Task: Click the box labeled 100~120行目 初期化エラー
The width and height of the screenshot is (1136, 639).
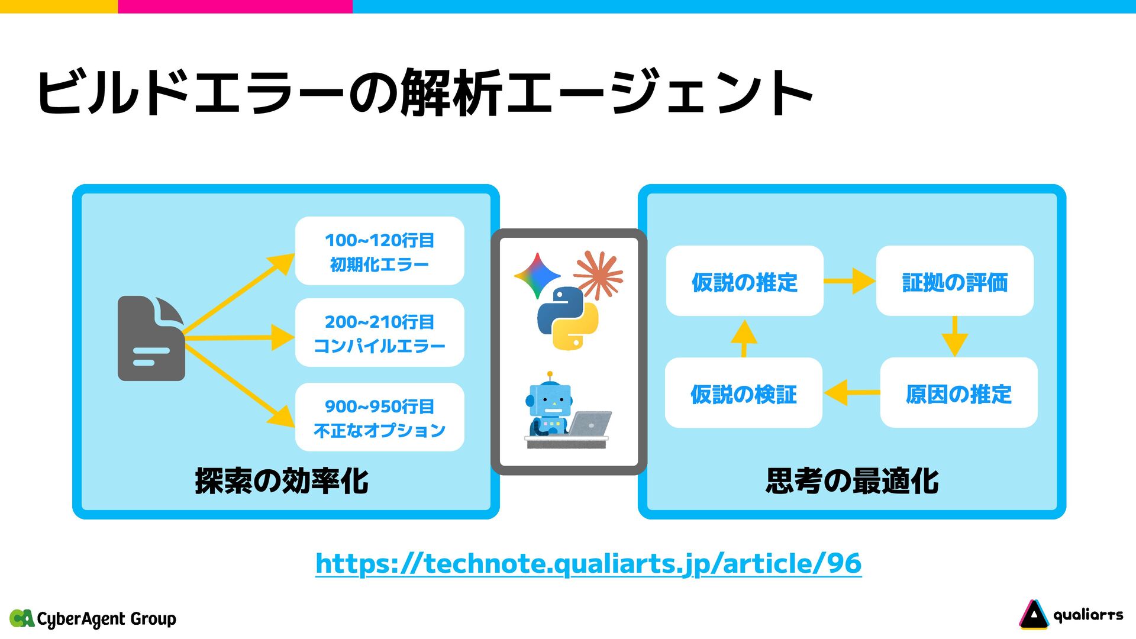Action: pyautogui.click(x=379, y=251)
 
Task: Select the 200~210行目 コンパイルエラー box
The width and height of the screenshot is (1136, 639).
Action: pyautogui.click(x=379, y=333)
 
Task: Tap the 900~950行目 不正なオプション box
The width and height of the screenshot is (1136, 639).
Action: pyautogui.click(x=379, y=417)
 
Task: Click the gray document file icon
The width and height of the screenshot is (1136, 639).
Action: pyautogui.click(x=151, y=338)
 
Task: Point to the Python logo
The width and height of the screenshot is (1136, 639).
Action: pyautogui.click(x=567, y=318)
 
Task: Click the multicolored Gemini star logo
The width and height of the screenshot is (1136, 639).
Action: pyautogui.click(x=537, y=276)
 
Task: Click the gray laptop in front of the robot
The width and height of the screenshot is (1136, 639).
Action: pyautogui.click(x=590, y=424)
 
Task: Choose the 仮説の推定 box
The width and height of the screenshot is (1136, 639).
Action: pyautogui.click(x=744, y=281)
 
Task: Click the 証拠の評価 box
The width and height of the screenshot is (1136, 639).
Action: pyautogui.click(x=954, y=281)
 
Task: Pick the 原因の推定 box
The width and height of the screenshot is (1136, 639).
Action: pyautogui.click(x=958, y=393)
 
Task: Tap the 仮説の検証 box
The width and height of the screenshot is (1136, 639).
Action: pyautogui.click(x=744, y=393)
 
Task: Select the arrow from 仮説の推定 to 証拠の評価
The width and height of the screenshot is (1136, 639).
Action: pyautogui.click(x=850, y=280)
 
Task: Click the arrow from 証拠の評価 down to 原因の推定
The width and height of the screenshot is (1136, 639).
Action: pyautogui.click(x=954, y=337)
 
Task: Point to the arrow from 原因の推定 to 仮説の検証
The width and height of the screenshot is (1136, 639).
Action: pyautogui.click(x=851, y=392)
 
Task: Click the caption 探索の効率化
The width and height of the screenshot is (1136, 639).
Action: pyautogui.click(x=282, y=480)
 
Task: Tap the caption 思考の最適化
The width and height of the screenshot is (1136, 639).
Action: pyautogui.click(x=852, y=480)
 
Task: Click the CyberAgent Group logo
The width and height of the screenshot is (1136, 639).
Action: pyautogui.click(x=93, y=619)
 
